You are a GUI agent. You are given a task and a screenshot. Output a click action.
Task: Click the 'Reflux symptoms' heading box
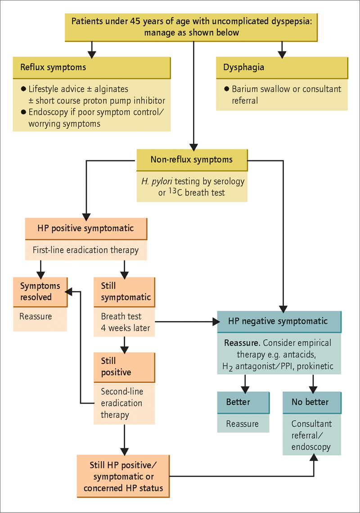pyautogui.click(x=91, y=68)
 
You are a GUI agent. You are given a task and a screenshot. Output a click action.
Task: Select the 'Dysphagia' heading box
pyautogui.click(x=282, y=68)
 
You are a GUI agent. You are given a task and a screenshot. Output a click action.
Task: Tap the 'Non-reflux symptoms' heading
pyautogui.click(x=192, y=159)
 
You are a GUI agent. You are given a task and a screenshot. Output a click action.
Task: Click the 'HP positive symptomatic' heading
pyautogui.click(x=85, y=228)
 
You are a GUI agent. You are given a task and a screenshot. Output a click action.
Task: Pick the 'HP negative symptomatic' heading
pyautogui.click(x=279, y=322)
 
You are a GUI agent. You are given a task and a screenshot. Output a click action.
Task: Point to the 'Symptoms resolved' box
pyautogui.click(x=40, y=292)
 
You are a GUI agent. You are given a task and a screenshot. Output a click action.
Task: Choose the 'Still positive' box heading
pyautogui.click(x=125, y=367)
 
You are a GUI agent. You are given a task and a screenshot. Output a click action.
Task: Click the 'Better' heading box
pyautogui.click(x=243, y=402)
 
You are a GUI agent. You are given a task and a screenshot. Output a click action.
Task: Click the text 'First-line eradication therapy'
pyautogui.click(x=85, y=250)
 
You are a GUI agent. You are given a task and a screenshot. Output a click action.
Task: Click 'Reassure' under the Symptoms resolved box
pyautogui.click(x=36, y=316)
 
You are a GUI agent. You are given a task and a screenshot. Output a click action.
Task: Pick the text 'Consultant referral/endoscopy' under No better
pyautogui.click(x=311, y=436)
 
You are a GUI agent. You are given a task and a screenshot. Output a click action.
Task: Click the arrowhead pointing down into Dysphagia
pyautogui.click(x=282, y=54)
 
